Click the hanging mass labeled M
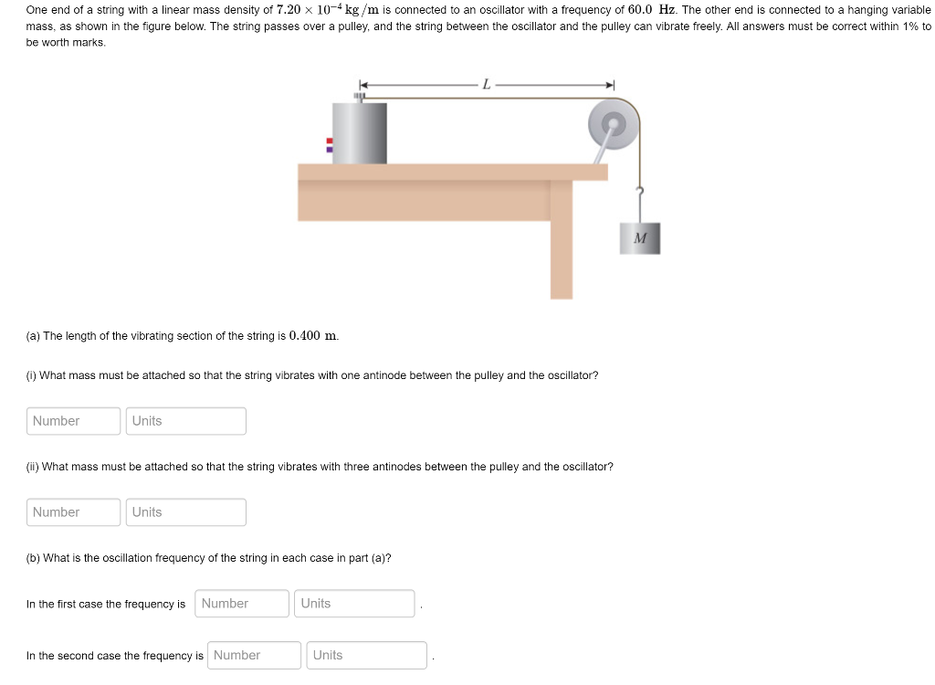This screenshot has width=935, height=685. (x=639, y=238)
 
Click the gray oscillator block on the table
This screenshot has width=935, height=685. (x=359, y=133)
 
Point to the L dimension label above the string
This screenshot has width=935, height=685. (x=487, y=85)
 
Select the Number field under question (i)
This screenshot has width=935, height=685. (x=74, y=421)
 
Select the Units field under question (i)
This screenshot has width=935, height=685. (x=186, y=421)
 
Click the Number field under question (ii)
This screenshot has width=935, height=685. (x=74, y=512)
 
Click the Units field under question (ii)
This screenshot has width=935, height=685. (x=186, y=512)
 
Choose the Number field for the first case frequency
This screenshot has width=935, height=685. (x=242, y=604)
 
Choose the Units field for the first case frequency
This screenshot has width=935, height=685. (x=354, y=604)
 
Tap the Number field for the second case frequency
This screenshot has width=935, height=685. (x=254, y=656)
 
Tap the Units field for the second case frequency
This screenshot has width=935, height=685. (x=366, y=656)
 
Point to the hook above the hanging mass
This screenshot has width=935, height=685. (x=641, y=193)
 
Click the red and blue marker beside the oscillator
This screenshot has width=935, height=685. (x=330, y=144)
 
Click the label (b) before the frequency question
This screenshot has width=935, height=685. (x=34, y=558)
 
